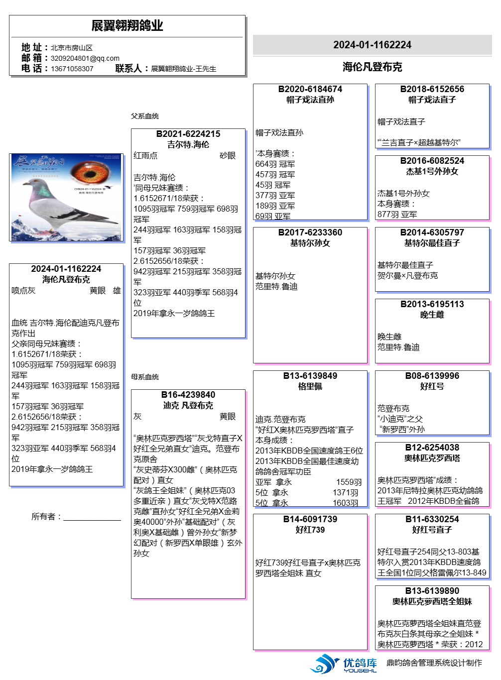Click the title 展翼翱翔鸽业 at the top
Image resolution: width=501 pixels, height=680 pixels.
coord(127,26)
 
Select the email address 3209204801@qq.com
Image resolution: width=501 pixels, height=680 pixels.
coord(85,58)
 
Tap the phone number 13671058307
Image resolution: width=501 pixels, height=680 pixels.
coord(72,69)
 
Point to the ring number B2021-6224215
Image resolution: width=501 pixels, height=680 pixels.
coord(188,134)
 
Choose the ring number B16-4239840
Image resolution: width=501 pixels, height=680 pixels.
coord(188,395)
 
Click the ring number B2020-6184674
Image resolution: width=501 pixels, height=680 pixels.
coord(310,89)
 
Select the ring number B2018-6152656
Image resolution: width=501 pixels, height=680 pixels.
coord(432,89)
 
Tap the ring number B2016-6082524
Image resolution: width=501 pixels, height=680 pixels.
coord(432,161)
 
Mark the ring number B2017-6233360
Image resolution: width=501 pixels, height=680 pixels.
coord(310,232)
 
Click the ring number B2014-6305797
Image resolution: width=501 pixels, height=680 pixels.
coord(432,232)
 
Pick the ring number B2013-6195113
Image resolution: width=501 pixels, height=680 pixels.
coord(432,304)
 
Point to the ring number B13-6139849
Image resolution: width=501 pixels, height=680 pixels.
coord(310,376)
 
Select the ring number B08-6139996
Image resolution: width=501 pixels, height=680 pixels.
coord(432,376)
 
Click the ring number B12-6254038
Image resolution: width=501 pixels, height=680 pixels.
coord(432,448)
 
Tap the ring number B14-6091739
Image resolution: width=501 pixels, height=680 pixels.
coord(310,519)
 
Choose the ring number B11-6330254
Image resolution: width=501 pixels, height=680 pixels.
coord(432,519)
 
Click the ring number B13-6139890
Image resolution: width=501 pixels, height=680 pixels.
coord(432,591)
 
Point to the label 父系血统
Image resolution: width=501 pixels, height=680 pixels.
coord(145,116)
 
